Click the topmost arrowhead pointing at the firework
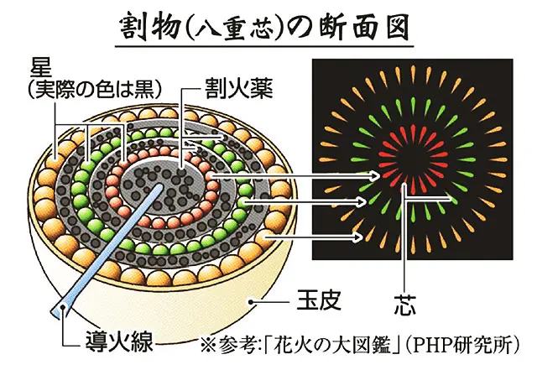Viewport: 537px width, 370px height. point(375,177)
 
